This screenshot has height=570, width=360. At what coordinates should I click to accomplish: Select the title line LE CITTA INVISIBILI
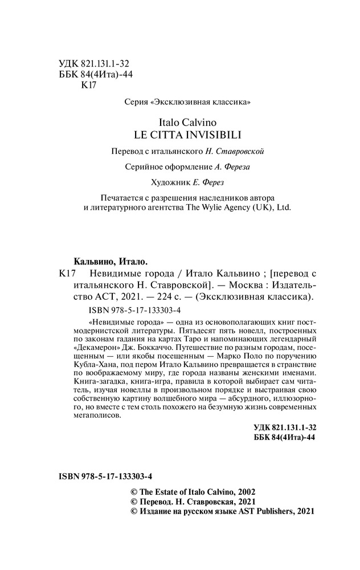pos(188,135)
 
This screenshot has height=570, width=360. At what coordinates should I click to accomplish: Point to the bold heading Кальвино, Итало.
pos(103,262)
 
